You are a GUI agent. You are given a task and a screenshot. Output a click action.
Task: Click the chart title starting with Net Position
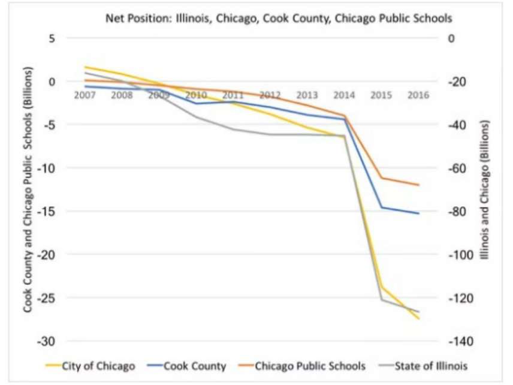pos(279,18)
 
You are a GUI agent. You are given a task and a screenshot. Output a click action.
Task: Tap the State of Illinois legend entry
pos(429,366)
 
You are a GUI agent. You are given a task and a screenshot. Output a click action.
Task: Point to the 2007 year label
pos(85,95)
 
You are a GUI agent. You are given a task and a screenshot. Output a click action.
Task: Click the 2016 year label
pos(418,95)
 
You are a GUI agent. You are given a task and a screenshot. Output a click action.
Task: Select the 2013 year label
pos(307,95)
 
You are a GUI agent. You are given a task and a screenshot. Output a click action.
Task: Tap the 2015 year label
pos(381,95)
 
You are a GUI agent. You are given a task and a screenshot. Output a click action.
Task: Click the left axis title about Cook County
pos(28,190)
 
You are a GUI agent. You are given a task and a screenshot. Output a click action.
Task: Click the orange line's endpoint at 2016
pos(418,185)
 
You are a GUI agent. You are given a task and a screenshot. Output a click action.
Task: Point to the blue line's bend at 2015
pos(382,207)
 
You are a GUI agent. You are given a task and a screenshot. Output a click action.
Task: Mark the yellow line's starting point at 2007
pos(86,67)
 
